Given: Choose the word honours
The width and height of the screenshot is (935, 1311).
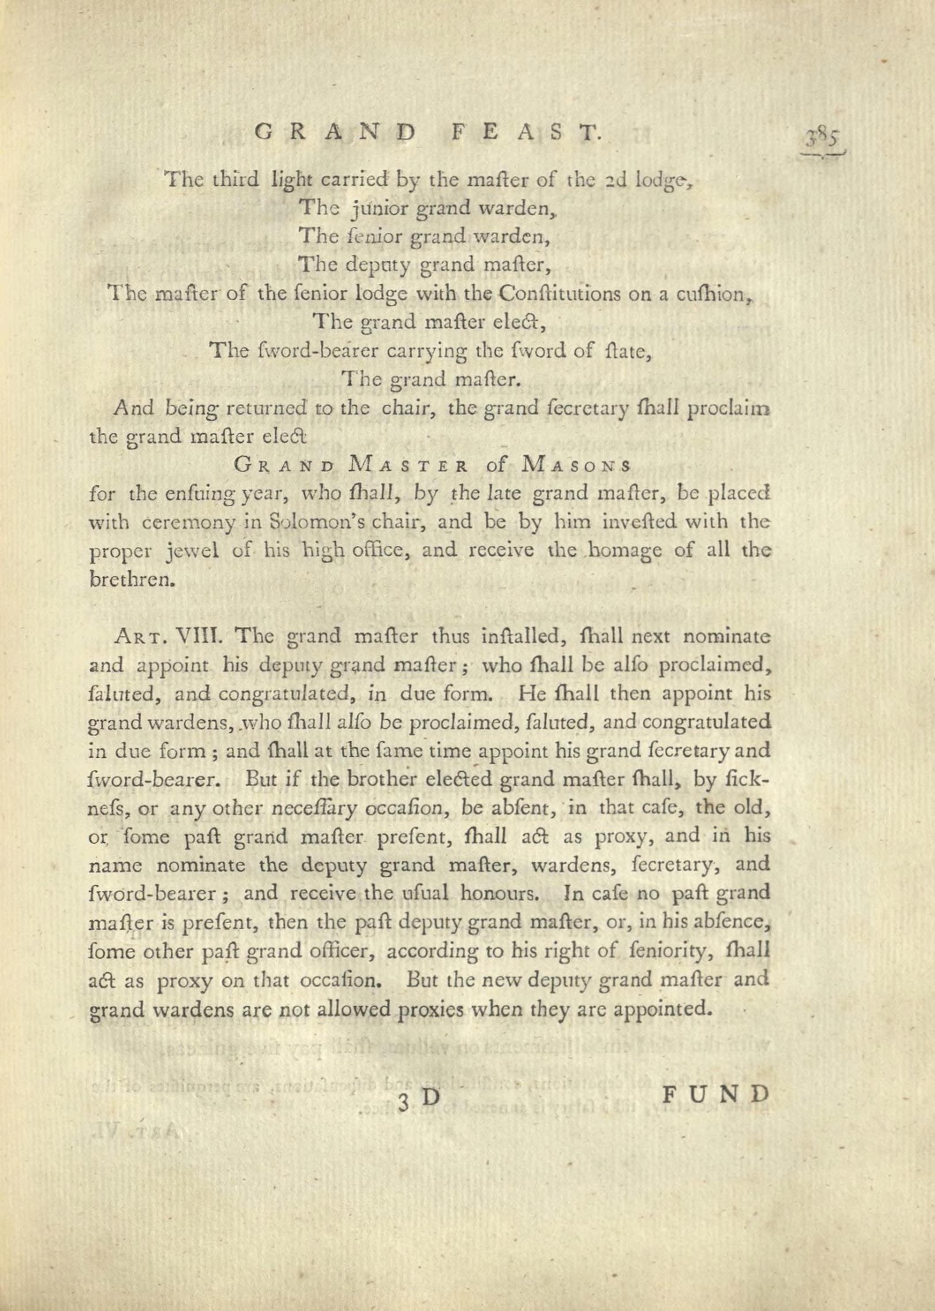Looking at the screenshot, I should point(500,894).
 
